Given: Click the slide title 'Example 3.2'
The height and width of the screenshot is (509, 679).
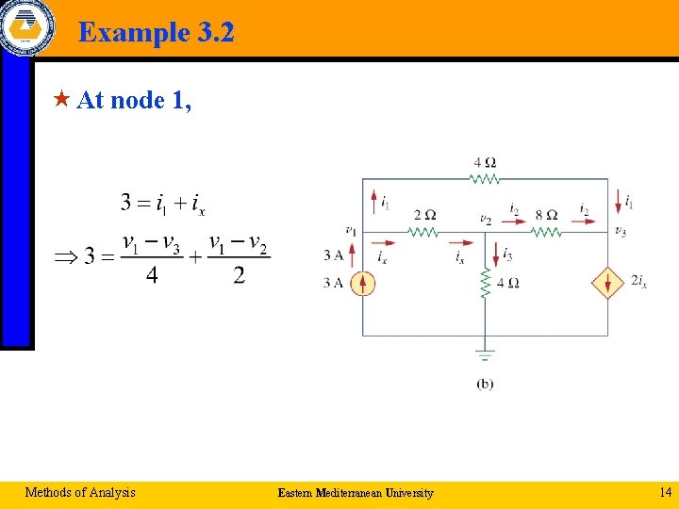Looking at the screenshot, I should [156, 33].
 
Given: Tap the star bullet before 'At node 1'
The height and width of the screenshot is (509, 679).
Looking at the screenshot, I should [62, 99].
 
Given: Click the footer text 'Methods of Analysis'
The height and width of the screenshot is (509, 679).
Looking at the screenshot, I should [80, 492].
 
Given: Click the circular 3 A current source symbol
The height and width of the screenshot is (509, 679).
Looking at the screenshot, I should [363, 283].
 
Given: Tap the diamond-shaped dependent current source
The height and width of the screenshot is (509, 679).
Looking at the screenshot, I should [607, 283].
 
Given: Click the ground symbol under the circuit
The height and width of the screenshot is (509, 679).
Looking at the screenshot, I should [485, 356].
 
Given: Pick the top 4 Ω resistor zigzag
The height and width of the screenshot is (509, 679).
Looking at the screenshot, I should [485, 178].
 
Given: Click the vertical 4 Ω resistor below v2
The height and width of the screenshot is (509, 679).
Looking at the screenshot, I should [485, 283].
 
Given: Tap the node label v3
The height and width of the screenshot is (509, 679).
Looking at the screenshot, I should [620, 232].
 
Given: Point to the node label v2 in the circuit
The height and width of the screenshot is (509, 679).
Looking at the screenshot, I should [485, 220].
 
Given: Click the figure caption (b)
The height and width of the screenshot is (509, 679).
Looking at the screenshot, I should [485, 384].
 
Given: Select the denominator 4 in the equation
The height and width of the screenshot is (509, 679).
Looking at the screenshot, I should [152, 276].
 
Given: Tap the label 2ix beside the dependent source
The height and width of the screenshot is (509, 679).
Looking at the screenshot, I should [638, 281].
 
